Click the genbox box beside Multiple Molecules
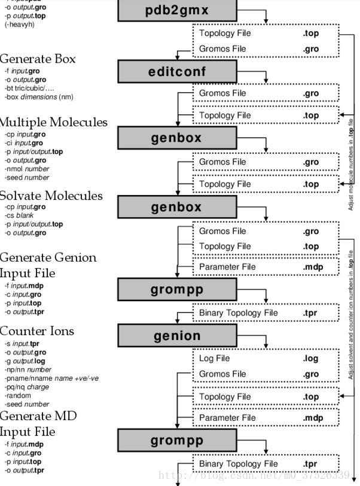click(x=176, y=138)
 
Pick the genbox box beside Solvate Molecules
click(x=176, y=207)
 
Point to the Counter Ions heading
click(x=37, y=331)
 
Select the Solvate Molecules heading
click(x=51, y=196)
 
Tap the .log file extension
click(x=310, y=359)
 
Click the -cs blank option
click(x=19, y=215)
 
